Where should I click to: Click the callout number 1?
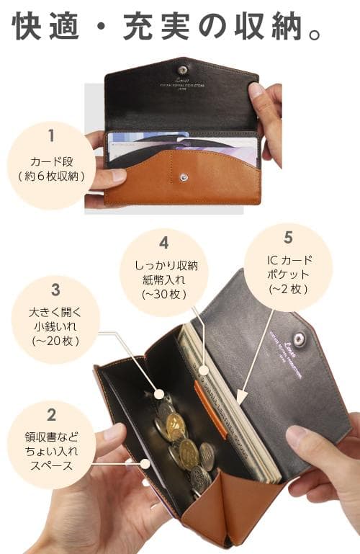point(51,135)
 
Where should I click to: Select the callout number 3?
point(55,291)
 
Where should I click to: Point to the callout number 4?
point(163,243)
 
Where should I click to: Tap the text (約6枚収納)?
point(51,176)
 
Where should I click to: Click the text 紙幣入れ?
point(163,280)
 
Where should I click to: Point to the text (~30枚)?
point(163,295)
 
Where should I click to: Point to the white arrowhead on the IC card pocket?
point(241,397)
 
